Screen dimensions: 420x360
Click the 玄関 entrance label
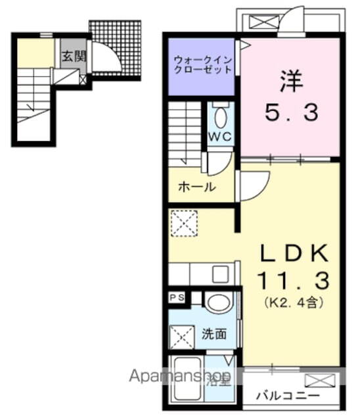pos(74,56)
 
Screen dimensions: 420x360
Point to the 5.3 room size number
pos(292,114)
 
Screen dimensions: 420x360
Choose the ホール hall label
pos(197,186)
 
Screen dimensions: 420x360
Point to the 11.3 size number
pos(291,282)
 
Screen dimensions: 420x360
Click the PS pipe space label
pos(177,298)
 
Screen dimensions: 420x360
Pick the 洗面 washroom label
pos(214,333)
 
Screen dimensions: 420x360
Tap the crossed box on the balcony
pos(320,381)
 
